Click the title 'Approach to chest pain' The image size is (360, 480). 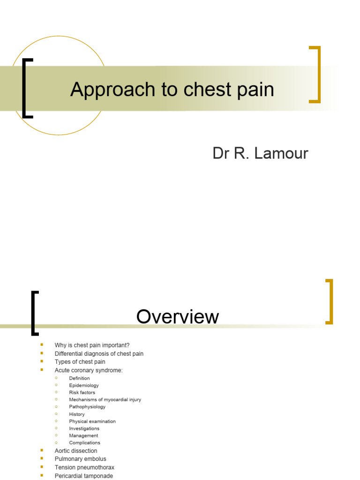(172, 90)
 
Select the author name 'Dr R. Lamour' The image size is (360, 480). (260, 153)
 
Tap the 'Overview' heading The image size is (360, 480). (178, 317)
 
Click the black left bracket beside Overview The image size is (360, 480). (34, 313)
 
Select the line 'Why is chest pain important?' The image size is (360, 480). (92, 345)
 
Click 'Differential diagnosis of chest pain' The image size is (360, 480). (99, 354)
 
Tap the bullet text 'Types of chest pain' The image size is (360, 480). (80, 362)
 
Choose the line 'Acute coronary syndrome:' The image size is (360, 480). (89, 370)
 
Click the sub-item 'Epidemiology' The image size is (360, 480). (84, 385)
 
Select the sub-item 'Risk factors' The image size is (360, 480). (82, 392)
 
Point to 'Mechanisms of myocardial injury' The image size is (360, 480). (105, 400)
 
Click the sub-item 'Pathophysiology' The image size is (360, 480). (87, 407)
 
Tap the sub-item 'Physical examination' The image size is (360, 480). (92, 421)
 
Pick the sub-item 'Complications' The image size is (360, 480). (84, 442)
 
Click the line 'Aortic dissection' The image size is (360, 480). (76, 451)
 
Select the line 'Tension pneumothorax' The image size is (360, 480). (84, 467)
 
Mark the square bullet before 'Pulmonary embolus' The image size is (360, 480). (42, 459)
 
